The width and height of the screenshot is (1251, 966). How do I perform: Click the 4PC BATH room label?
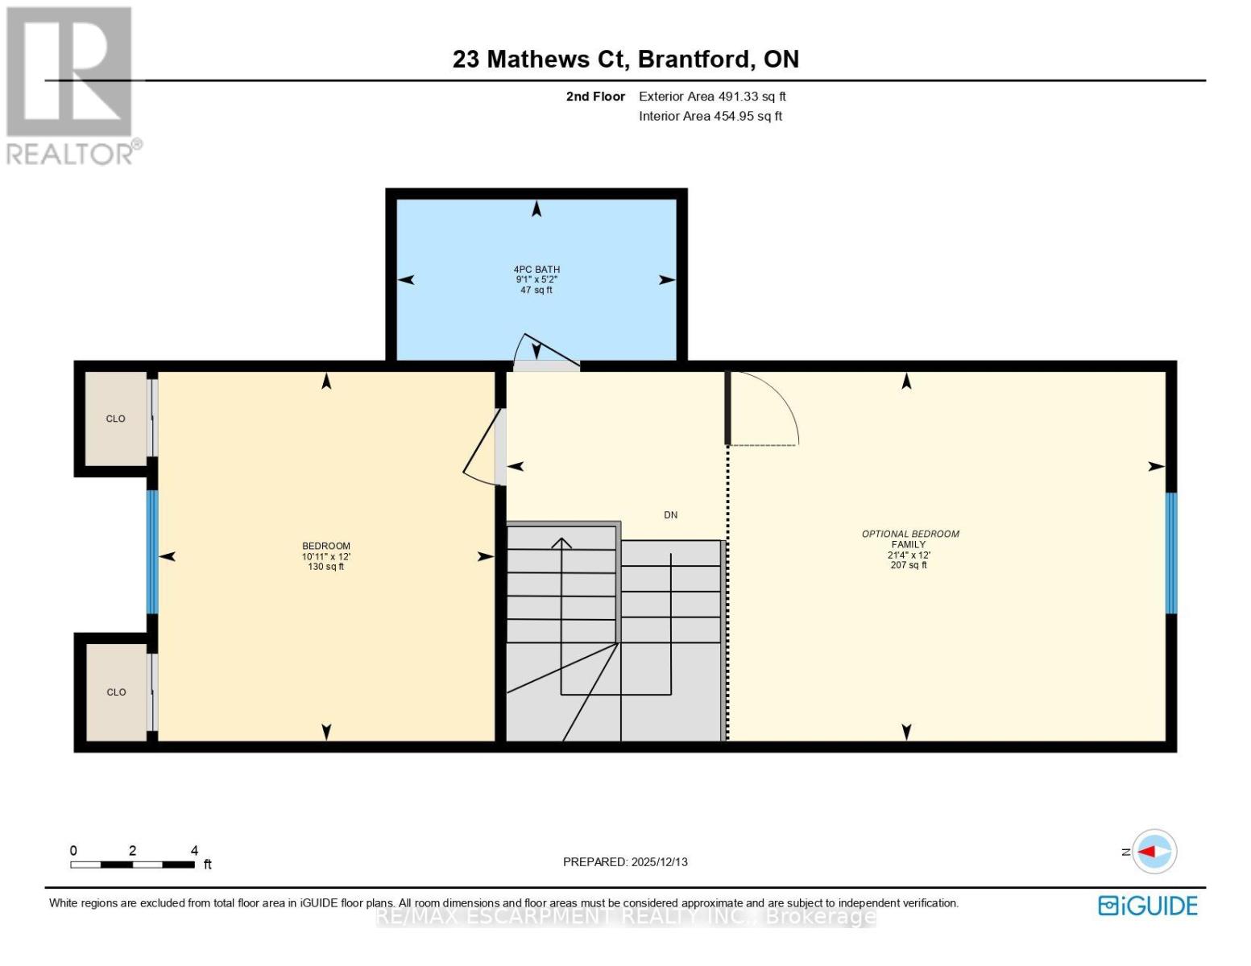[x=536, y=269]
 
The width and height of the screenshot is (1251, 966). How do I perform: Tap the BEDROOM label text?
[x=326, y=546]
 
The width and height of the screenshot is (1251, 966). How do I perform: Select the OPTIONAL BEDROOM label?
[x=910, y=534]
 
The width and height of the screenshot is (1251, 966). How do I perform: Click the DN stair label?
[x=670, y=515]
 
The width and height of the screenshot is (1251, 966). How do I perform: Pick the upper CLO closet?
[x=116, y=419]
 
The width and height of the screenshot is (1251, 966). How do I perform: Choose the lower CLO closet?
[x=116, y=692]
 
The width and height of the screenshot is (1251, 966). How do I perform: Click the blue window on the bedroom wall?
[x=152, y=551]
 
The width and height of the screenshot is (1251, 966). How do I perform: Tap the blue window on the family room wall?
[x=1171, y=553]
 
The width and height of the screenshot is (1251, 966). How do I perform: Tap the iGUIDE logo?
[x=1147, y=906]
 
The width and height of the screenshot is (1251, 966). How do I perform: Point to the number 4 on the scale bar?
[x=194, y=850]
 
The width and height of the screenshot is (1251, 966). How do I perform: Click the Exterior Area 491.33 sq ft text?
[x=712, y=97]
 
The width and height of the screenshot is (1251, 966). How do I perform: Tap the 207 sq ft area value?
[x=909, y=565]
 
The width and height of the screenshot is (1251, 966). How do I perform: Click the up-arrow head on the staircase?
[x=561, y=543]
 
